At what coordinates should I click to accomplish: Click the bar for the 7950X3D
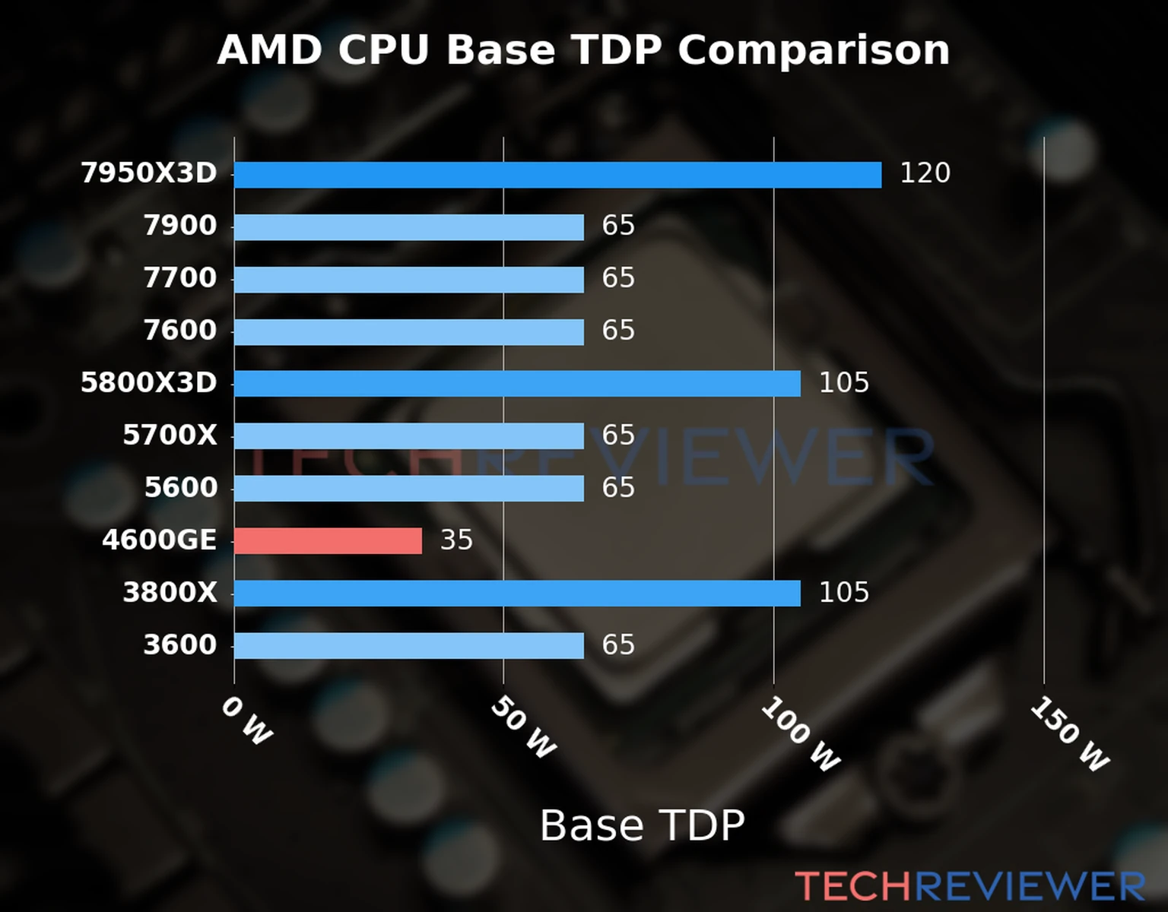tap(557, 175)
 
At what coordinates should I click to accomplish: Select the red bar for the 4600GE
tap(328, 541)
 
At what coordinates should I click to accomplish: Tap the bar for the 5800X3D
tap(517, 384)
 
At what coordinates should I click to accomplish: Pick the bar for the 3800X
tap(517, 594)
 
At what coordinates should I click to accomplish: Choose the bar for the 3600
tap(409, 646)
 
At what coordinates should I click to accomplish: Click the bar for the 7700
tap(409, 280)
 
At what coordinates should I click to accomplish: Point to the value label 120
tap(925, 173)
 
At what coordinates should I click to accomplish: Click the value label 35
tap(456, 540)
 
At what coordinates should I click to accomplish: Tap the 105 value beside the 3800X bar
tap(843, 593)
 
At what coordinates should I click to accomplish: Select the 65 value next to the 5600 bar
tap(618, 488)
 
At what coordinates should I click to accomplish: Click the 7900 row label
tap(180, 226)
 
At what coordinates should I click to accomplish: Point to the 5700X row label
tap(170, 435)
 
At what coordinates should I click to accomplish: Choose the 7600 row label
tap(180, 331)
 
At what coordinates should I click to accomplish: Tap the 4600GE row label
tap(159, 540)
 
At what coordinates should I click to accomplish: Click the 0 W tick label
tap(246, 720)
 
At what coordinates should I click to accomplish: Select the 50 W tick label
tap(523, 727)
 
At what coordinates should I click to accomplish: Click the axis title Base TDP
tap(642, 825)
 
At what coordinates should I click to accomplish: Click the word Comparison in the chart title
tap(813, 50)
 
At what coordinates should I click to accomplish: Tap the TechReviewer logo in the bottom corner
tap(970, 886)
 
